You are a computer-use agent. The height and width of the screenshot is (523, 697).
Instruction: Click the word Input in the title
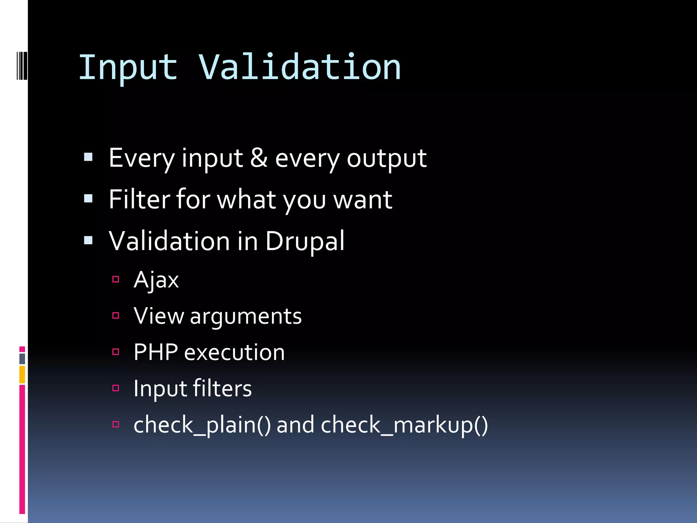pos(128,68)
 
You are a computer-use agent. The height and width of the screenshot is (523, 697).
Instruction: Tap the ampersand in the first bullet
pos(259,158)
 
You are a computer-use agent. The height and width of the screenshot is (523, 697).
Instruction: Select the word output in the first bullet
pos(386,159)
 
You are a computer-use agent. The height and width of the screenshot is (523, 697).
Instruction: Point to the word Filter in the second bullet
pos(139,200)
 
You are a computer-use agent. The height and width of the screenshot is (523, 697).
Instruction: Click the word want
pos(362,200)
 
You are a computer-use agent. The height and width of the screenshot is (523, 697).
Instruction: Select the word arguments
pos(246,317)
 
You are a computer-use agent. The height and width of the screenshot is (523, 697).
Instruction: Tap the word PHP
pos(156,352)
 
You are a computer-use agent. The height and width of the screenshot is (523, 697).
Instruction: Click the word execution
pos(234,353)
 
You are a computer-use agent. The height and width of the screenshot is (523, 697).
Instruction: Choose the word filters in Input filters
pos(222,389)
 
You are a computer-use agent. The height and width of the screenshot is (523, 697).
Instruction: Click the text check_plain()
pos(202,425)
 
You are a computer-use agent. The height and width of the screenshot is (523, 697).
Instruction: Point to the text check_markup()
pos(404,425)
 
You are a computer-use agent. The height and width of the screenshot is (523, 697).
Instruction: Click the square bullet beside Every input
pos(88,157)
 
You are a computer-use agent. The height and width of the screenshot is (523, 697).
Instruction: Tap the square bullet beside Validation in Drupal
pos(88,240)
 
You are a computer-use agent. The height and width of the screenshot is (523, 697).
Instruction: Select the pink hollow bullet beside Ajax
pos(116,280)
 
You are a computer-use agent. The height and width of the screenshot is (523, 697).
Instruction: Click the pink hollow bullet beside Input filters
pos(116,388)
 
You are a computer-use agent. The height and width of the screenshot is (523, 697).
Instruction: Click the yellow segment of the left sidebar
pos(22,375)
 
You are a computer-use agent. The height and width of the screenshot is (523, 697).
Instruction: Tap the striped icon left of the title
pos(22,65)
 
